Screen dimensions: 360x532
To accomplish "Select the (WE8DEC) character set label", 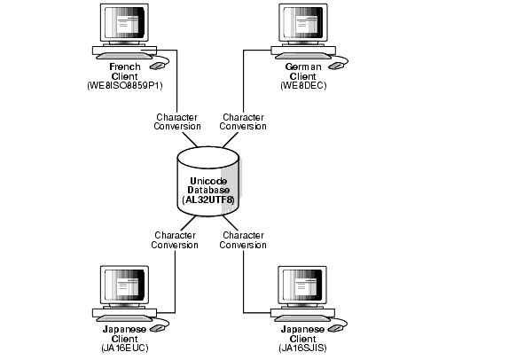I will click(x=303, y=85).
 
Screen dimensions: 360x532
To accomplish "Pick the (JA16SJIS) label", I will click(x=303, y=348).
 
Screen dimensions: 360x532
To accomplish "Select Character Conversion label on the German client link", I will click(x=243, y=121).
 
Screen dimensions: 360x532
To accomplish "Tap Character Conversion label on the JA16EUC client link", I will click(x=176, y=240).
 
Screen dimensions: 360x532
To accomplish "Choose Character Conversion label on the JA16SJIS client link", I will click(x=243, y=240).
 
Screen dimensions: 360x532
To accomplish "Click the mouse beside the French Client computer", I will click(x=159, y=64).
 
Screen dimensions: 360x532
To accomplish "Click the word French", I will click(x=125, y=67).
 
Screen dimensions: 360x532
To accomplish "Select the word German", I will click(x=303, y=67).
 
